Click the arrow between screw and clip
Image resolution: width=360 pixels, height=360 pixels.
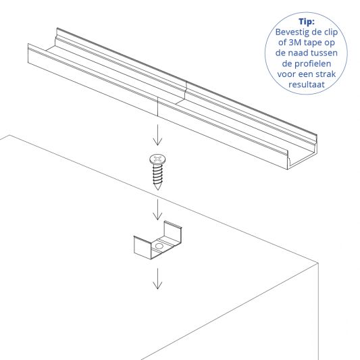(x=157, y=210)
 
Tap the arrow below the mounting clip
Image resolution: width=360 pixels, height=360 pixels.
(x=157, y=278)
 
